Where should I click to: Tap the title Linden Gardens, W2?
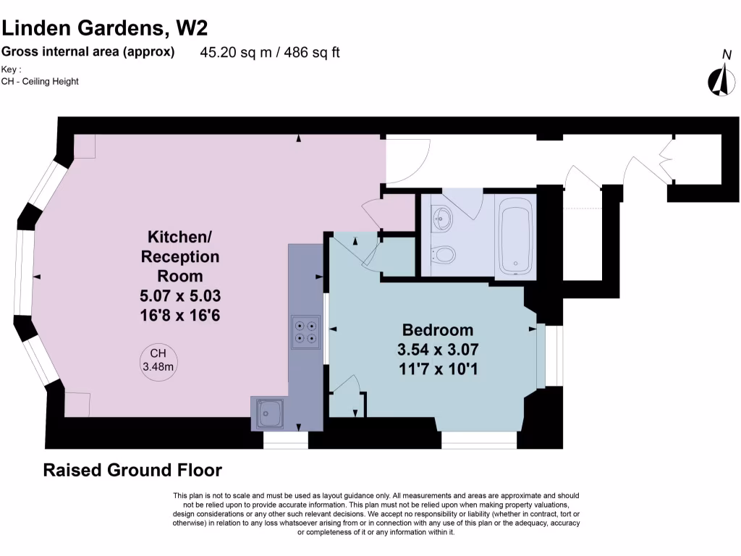[104, 28]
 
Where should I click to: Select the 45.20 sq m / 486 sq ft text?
[270, 52]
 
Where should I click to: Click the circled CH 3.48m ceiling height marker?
[158, 360]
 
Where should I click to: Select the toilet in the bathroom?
[442, 255]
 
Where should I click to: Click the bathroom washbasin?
[441, 216]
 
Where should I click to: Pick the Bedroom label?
[438, 330]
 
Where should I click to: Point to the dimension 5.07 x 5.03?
[180, 295]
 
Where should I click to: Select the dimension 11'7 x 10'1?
[438, 369]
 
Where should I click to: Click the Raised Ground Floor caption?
[132, 470]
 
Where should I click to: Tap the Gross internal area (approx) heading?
[88, 51]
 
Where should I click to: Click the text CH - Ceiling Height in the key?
[40, 81]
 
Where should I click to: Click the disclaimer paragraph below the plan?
[376, 514]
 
